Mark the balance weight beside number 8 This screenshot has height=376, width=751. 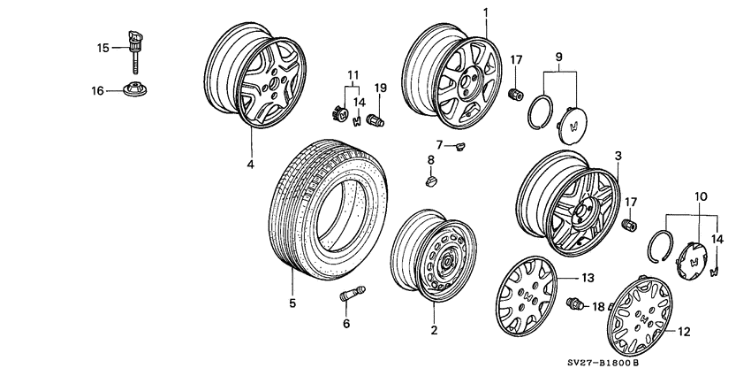click(432, 181)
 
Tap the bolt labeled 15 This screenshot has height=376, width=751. click(136, 53)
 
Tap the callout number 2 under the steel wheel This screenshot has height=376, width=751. click(434, 330)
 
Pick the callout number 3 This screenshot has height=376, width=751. click(618, 156)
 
